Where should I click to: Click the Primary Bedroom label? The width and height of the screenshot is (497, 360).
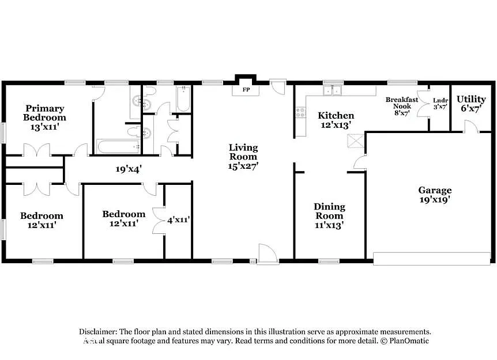tap(44, 118)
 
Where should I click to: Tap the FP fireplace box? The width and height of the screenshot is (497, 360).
tap(246, 90)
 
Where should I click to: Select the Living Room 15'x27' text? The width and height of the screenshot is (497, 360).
tap(243, 156)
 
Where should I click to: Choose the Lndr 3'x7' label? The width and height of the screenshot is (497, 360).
tap(440, 103)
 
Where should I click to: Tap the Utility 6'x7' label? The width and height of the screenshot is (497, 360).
tap(471, 104)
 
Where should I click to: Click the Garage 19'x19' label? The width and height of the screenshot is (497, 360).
tap(434, 195)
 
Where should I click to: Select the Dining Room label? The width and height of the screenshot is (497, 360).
tap(329, 215)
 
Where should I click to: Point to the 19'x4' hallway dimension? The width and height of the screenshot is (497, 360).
tap(129, 169)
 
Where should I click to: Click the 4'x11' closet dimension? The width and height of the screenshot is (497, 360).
tap(178, 219)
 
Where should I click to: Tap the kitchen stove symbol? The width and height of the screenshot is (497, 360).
tap(300, 112)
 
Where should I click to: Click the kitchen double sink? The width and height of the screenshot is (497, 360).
tap(332, 91)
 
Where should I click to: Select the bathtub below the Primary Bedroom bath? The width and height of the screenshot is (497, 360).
tap(119, 146)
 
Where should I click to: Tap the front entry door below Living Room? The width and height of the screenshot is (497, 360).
tap(267, 254)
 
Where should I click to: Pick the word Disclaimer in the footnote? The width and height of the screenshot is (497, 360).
tap(98, 332)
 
